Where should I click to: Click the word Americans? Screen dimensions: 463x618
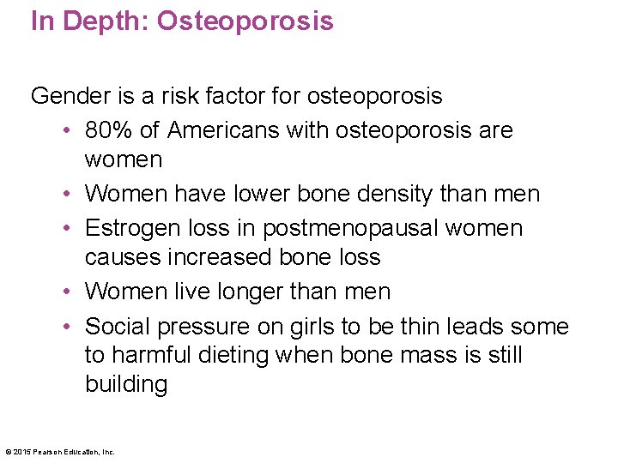pyautogui.click(x=222, y=130)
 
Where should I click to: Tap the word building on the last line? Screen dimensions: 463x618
pyautogui.click(x=126, y=383)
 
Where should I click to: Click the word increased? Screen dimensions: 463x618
pyautogui.click(x=216, y=257)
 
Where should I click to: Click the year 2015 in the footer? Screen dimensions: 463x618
pyautogui.click(x=21, y=452)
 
